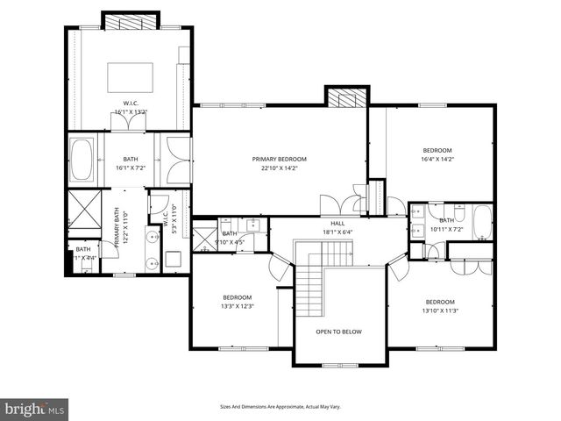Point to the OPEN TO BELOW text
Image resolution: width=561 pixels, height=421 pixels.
(x=338, y=332)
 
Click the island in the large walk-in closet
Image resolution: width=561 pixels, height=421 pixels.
(x=130, y=77)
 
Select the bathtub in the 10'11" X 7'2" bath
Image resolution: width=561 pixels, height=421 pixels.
(x=483, y=222)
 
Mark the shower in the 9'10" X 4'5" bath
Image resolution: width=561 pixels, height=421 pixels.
(x=203, y=239)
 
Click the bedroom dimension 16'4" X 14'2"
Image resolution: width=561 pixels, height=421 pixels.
(x=437, y=159)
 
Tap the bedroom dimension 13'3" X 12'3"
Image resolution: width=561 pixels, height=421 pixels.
(x=237, y=306)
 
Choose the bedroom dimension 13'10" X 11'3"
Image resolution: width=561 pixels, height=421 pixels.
(x=440, y=310)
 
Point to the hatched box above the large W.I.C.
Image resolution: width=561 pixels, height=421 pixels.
(x=130, y=20)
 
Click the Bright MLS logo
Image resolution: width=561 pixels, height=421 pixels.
(x=35, y=409)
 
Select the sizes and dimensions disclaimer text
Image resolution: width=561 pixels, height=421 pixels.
(x=280, y=407)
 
